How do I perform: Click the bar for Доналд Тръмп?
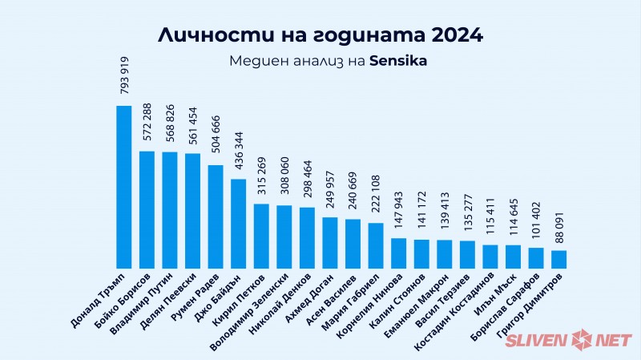pos(124,187)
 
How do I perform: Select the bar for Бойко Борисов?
pos(147,209)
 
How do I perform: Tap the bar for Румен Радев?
pos(216,216)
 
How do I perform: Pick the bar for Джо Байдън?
pos(239,224)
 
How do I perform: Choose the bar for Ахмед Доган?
pos(330,242)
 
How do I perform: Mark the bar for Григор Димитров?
pos(559,259)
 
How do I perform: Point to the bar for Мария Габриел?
pos(376,245)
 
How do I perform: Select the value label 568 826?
pos(170,123)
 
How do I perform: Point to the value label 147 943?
pos(399,209)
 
